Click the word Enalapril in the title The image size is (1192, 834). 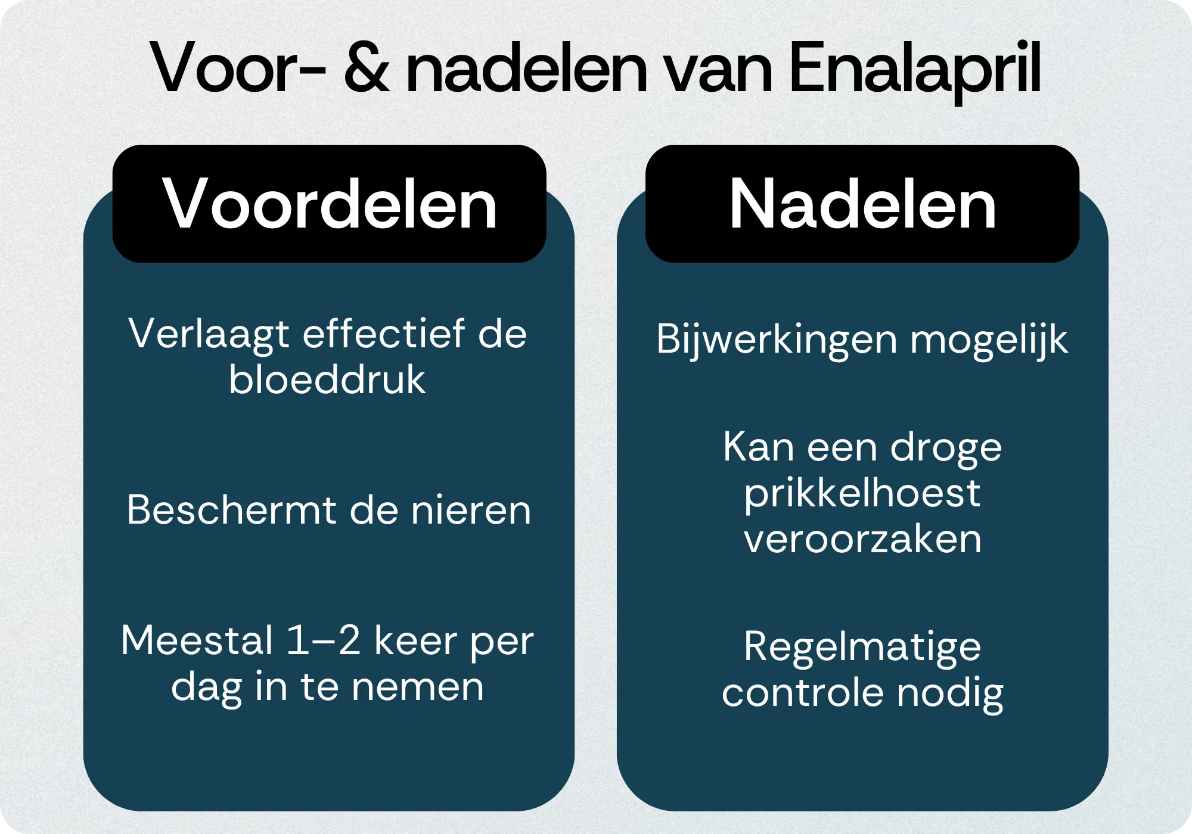[x=915, y=69]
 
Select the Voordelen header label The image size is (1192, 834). [x=330, y=204]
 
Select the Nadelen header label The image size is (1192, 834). [x=862, y=204]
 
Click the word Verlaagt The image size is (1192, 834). [x=209, y=335]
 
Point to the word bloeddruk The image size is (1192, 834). [x=327, y=379]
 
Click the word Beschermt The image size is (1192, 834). [x=229, y=511]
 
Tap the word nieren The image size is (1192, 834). [x=471, y=511]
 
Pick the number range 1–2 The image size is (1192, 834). [x=324, y=640]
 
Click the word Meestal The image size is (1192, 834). [x=197, y=640]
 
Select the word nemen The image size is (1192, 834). [x=417, y=687]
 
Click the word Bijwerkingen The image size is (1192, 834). [x=777, y=340]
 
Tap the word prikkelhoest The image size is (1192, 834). [x=862, y=494]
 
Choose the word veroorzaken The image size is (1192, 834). [x=862, y=539]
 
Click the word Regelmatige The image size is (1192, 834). [x=862, y=648]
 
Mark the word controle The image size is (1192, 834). [x=802, y=693]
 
